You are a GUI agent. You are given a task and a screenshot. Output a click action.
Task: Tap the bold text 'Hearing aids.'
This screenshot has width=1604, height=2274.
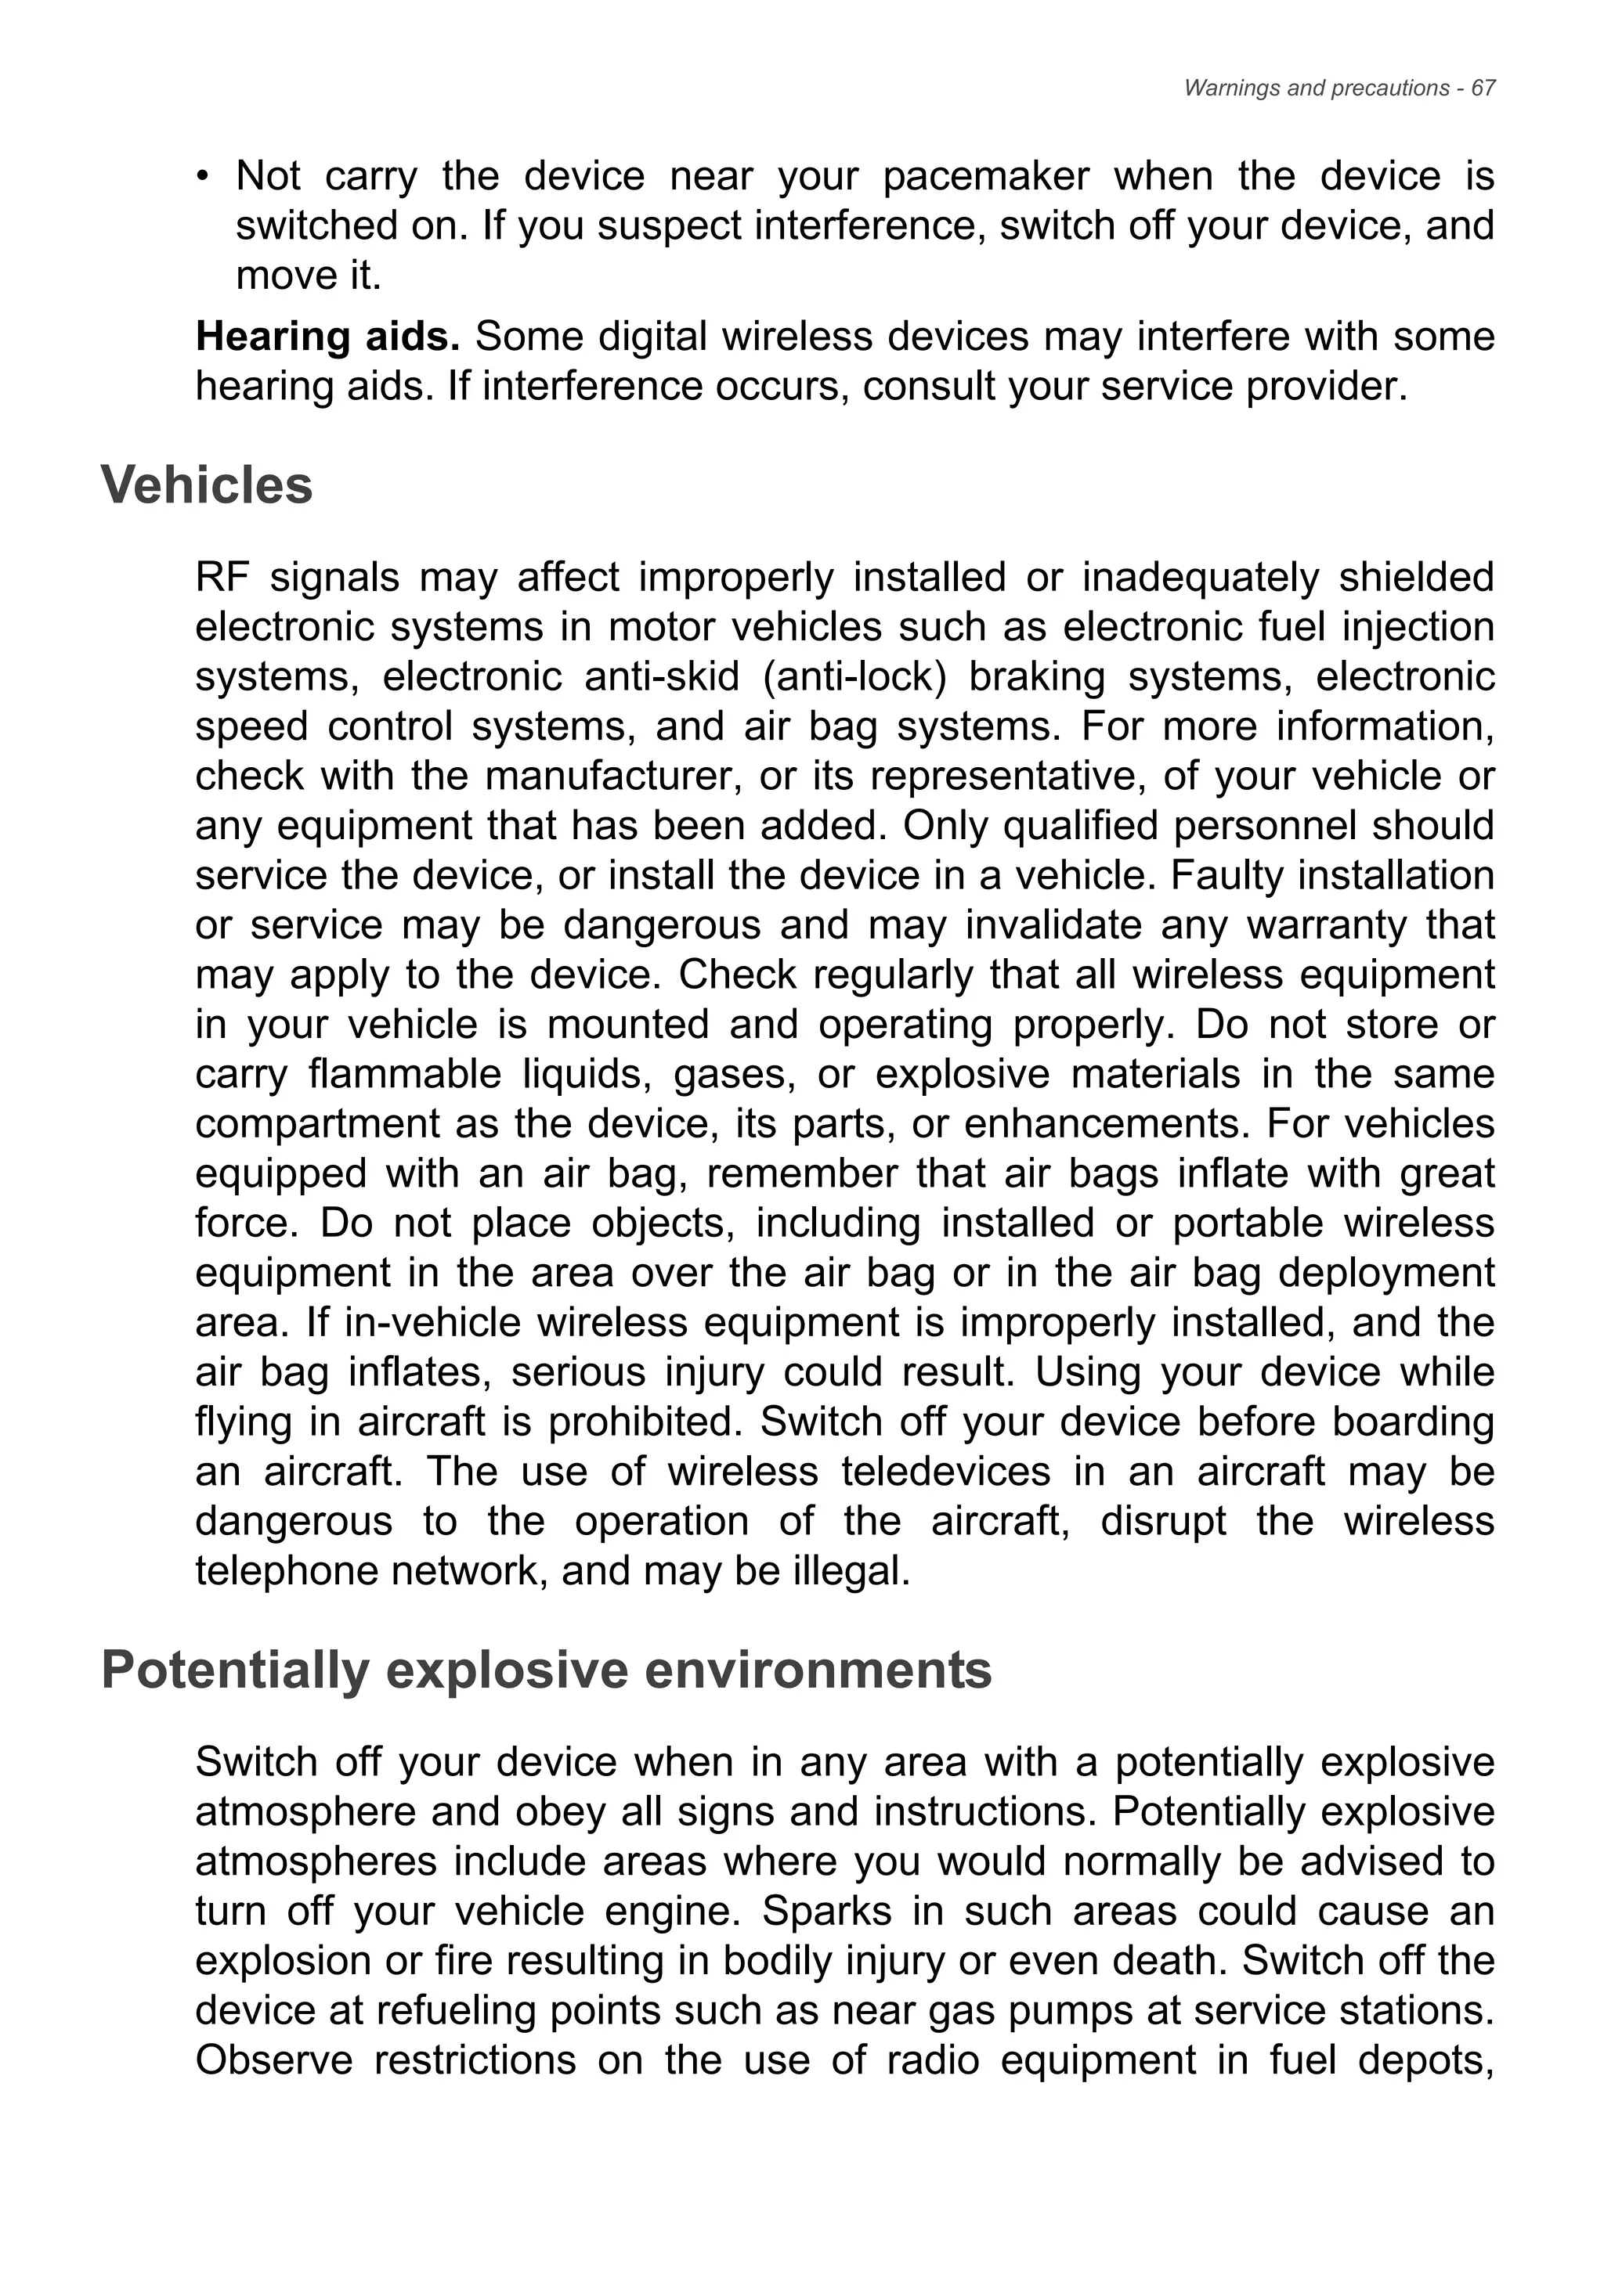click(328, 337)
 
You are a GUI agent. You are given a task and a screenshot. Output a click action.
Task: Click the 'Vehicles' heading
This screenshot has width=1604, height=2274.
click(207, 485)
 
